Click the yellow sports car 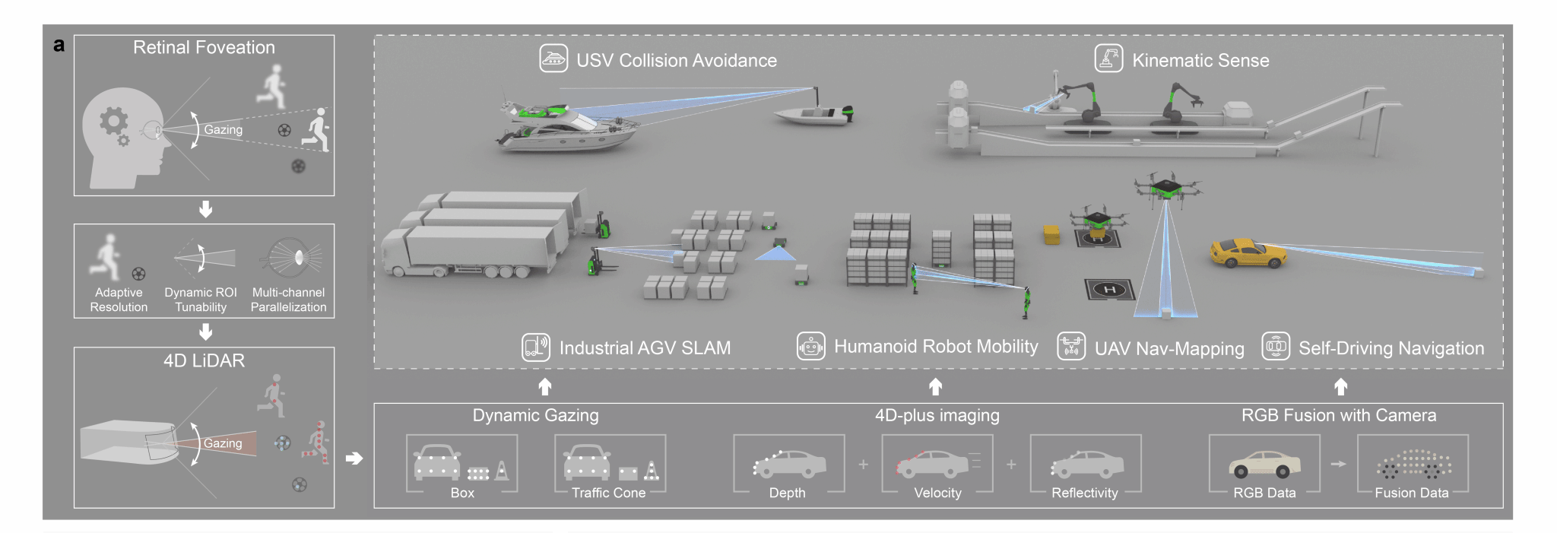(1247, 253)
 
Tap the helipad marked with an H (1109, 289)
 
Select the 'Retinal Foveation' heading (204, 47)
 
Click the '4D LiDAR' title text (204, 360)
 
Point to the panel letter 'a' (59, 45)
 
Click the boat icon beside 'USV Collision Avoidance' (553, 59)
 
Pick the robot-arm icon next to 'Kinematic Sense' (1108, 59)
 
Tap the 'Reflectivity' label (1084, 493)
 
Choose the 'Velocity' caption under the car (937, 493)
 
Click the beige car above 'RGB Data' (1264, 463)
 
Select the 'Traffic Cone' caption (608, 493)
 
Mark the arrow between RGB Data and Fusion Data (1338, 464)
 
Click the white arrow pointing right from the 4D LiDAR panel (354, 458)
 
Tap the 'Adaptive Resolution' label (119, 300)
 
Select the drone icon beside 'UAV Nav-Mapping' (1070, 347)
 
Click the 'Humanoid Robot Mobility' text (936, 347)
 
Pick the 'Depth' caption (787, 493)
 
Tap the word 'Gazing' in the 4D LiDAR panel (223, 443)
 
